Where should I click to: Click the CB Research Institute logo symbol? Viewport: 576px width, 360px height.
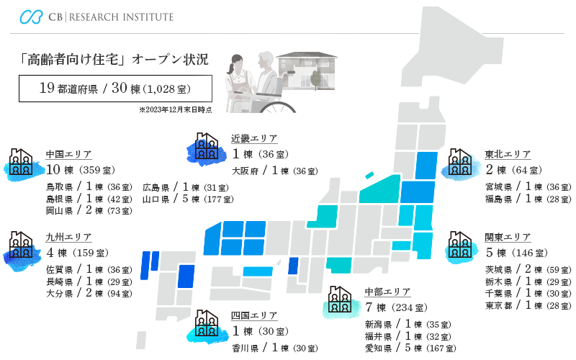point(32,17)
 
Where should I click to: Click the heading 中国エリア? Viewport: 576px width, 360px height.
point(68,155)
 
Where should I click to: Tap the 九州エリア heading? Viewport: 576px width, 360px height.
point(68,237)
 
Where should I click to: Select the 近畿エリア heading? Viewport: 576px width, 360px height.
point(254,139)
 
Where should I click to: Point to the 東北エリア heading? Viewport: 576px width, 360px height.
point(508,155)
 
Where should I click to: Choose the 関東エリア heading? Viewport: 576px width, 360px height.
point(508,237)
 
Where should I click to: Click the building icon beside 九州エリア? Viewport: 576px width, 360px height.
point(22,246)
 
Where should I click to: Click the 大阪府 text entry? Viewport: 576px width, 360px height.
point(245,171)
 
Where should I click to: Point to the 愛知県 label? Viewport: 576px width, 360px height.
point(379,348)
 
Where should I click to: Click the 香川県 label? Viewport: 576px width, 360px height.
point(245,348)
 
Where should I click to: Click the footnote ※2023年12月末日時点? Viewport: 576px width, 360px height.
point(175,110)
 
